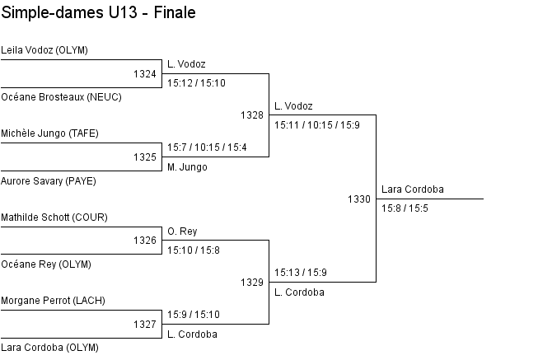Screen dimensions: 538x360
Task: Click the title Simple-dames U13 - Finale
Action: coord(99,13)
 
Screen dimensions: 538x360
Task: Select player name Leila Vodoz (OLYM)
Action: coord(44,50)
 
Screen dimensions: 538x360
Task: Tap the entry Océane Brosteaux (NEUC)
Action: coord(62,97)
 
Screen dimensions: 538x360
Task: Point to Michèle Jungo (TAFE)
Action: coord(49,133)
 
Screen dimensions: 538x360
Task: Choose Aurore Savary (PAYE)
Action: coord(49,181)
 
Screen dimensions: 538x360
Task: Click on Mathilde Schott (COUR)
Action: coord(54,217)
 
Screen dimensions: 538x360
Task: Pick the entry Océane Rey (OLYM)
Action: coord(46,264)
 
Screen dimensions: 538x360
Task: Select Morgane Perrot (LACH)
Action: coord(53,301)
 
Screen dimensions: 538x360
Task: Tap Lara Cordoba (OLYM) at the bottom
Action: coord(49,348)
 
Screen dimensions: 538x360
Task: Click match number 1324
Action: coord(145,74)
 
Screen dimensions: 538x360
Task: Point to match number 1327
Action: coord(145,325)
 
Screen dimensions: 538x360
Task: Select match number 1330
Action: coord(359,199)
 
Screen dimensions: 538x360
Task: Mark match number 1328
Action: coord(252,115)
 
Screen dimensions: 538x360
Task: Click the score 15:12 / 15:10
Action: coord(196,83)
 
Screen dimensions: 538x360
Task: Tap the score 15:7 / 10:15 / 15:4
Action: coord(207,147)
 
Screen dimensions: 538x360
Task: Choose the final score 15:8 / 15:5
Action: coord(405,208)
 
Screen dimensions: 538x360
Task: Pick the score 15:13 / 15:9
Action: coord(301,273)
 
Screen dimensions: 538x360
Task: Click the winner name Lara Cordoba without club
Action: coord(413,189)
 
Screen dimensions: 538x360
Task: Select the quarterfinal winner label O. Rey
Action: coord(182,231)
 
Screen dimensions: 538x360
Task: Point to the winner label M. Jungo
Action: coord(187,167)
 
